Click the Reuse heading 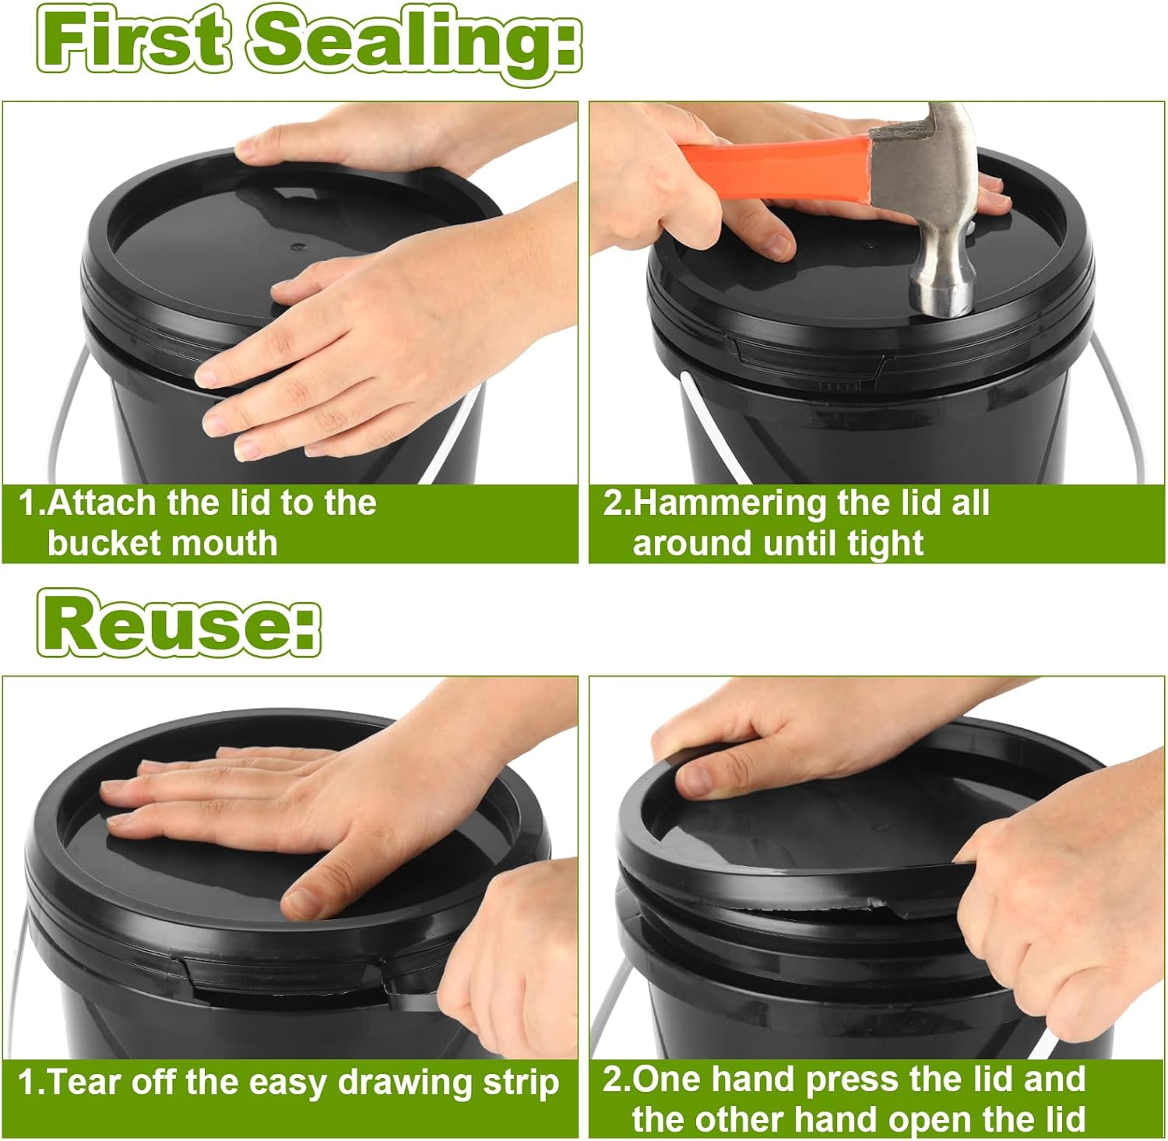click(179, 623)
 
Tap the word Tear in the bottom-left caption click(85, 1083)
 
